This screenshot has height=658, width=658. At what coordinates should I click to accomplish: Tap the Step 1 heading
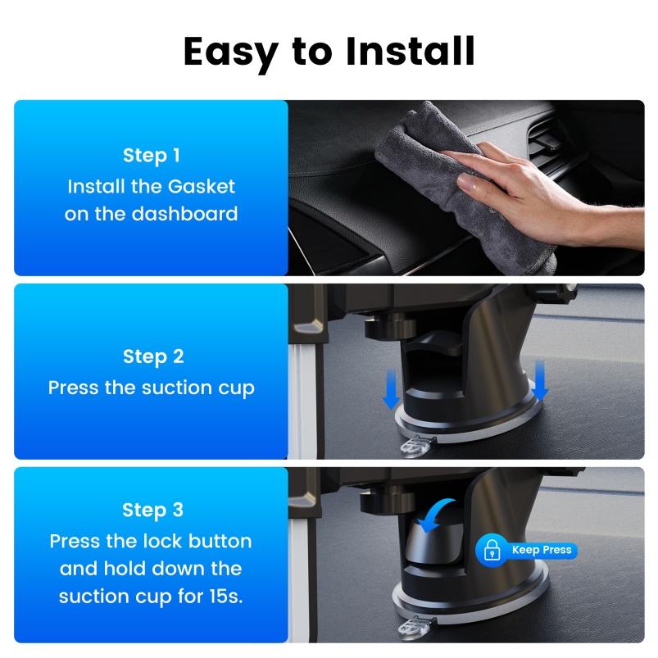click(151, 156)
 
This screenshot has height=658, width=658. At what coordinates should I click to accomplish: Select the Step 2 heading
click(153, 356)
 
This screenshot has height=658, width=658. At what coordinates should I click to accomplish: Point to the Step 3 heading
click(152, 511)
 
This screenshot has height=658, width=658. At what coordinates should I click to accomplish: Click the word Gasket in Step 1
click(201, 186)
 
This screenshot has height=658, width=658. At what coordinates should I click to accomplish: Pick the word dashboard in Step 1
click(184, 214)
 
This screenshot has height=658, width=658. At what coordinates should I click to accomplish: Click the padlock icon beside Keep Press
click(492, 550)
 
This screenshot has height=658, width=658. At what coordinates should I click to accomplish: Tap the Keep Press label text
click(542, 550)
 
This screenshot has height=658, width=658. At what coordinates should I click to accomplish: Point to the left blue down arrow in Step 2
click(391, 389)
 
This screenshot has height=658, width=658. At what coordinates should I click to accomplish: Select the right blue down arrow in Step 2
click(540, 379)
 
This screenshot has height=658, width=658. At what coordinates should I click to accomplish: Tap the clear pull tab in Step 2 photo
click(415, 446)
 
